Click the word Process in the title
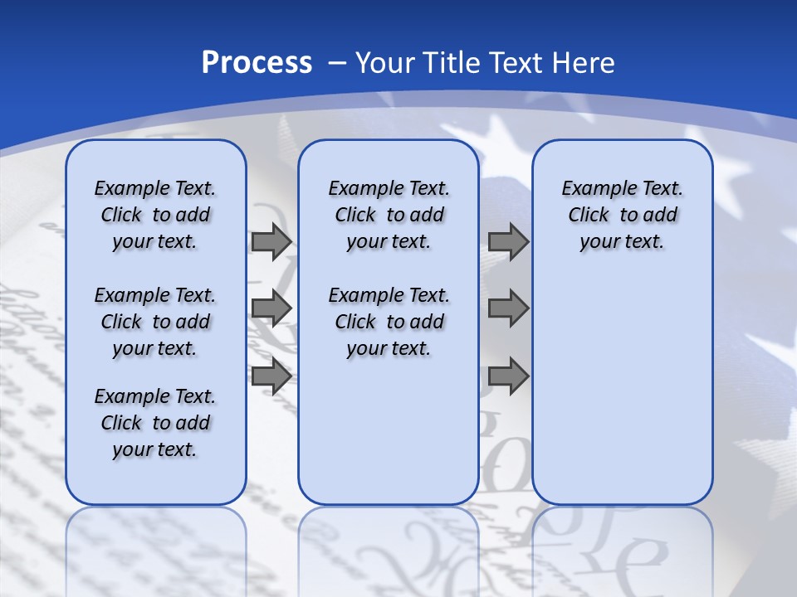[257, 63]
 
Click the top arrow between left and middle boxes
[271, 242]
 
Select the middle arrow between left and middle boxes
[271, 308]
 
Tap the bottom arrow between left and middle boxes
[271, 376]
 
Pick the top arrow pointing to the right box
[508, 242]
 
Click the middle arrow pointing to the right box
[508, 308]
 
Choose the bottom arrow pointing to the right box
[508, 376]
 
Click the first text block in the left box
[155, 215]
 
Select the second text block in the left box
[155, 322]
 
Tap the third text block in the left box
[155, 423]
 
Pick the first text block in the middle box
[389, 215]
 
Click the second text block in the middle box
[389, 322]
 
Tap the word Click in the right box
[589, 216]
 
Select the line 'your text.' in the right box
[622, 242]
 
